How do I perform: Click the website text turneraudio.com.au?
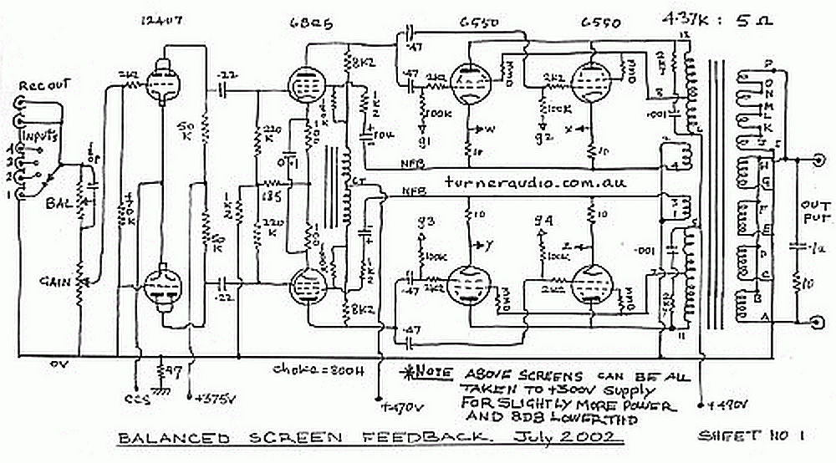coord(536,182)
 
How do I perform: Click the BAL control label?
coord(58,202)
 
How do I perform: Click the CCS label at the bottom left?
coord(132,396)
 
